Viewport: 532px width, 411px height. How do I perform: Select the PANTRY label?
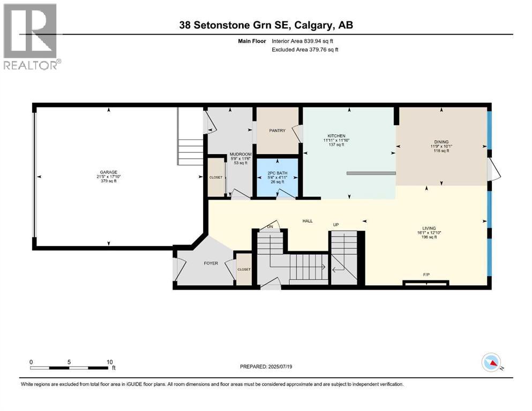click(x=277, y=131)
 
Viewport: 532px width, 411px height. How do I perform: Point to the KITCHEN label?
click(x=336, y=136)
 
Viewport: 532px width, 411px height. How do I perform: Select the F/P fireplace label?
click(x=426, y=275)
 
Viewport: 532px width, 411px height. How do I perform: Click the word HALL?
click(x=307, y=220)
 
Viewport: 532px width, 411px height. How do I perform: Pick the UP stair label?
click(x=336, y=225)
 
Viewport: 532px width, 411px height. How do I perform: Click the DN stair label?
click(x=271, y=226)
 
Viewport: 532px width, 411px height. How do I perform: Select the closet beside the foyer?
click(x=244, y=269)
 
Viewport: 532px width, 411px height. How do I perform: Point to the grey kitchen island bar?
click(x=371, y=173)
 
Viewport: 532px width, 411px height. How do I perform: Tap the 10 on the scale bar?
click(x=109, y=362)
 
